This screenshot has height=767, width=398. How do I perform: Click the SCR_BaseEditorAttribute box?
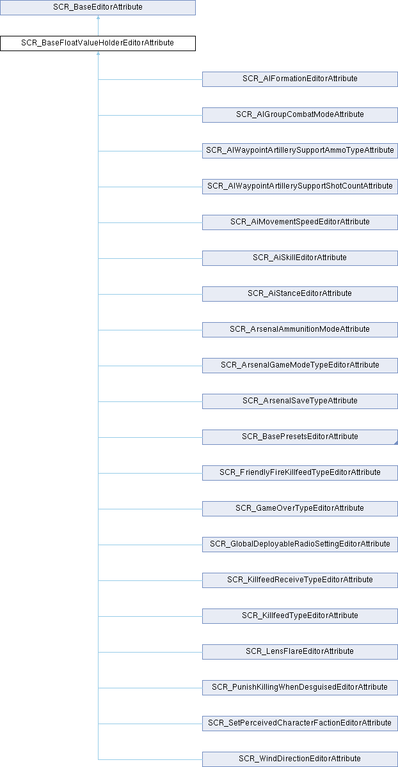coord(98,7)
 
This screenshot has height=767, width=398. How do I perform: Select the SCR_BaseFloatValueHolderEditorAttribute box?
coord(98,43)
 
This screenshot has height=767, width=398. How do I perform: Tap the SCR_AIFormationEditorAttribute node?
coord(300,79)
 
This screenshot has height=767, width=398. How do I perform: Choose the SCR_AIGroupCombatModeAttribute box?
coord(300,114)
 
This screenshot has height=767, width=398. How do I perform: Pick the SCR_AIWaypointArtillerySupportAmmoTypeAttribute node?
coord(300,151)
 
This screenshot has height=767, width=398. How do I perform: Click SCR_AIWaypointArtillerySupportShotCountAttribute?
coord(300,186)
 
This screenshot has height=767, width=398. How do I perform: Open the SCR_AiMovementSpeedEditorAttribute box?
coord(300,222)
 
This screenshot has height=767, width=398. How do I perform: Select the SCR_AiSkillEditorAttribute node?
coord(300,258)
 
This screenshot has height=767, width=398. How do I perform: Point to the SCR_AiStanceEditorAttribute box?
coord(300,294)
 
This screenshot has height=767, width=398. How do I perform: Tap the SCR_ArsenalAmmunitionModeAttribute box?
coord(300,329)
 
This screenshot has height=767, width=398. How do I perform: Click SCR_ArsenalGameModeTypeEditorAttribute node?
coord(300,366)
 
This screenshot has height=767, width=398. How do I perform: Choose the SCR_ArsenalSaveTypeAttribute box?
coord(300,401)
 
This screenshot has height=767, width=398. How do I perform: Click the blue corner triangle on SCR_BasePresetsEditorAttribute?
coord(396,443)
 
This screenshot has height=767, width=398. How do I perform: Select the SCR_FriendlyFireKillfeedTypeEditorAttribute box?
coord(300,472)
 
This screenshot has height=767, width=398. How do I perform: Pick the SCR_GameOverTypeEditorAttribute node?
coord(300,509)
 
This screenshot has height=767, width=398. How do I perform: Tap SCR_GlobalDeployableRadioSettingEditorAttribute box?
coord(300,544)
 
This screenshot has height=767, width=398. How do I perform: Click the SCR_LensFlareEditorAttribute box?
coord(300,651)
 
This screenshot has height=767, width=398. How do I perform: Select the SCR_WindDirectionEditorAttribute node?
coord(300,759)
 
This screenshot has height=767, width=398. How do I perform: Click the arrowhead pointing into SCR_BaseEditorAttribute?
coord(98,17)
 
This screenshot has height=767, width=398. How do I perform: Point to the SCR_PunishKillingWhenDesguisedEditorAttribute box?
coord(300,687)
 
